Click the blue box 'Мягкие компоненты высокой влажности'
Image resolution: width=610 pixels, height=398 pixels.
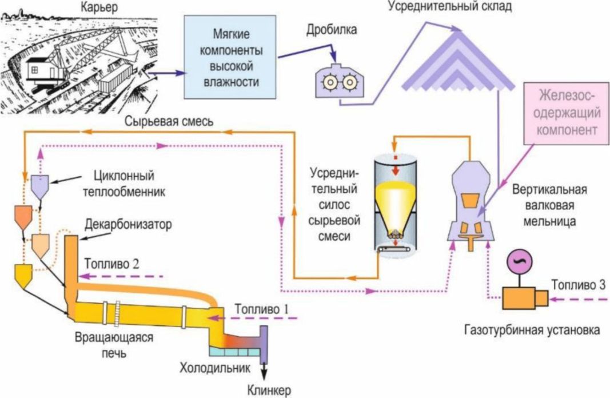(230, 57)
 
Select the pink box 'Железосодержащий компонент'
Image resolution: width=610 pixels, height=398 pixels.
(567, 113)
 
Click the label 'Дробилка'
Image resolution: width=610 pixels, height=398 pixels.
(332, 30)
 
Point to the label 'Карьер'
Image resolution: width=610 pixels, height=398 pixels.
(99, 7)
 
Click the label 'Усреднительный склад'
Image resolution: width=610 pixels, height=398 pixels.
(450, 6)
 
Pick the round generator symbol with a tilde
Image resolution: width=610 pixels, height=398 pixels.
(519, 261)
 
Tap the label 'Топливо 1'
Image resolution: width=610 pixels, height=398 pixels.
(262, 309)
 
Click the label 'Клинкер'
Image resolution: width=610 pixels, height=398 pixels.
(269, 390)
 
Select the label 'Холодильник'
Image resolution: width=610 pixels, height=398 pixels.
(215, 368)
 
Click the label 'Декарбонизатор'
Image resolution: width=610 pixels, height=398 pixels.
(128, 225)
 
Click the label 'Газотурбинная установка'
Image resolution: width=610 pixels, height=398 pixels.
(532, 331)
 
